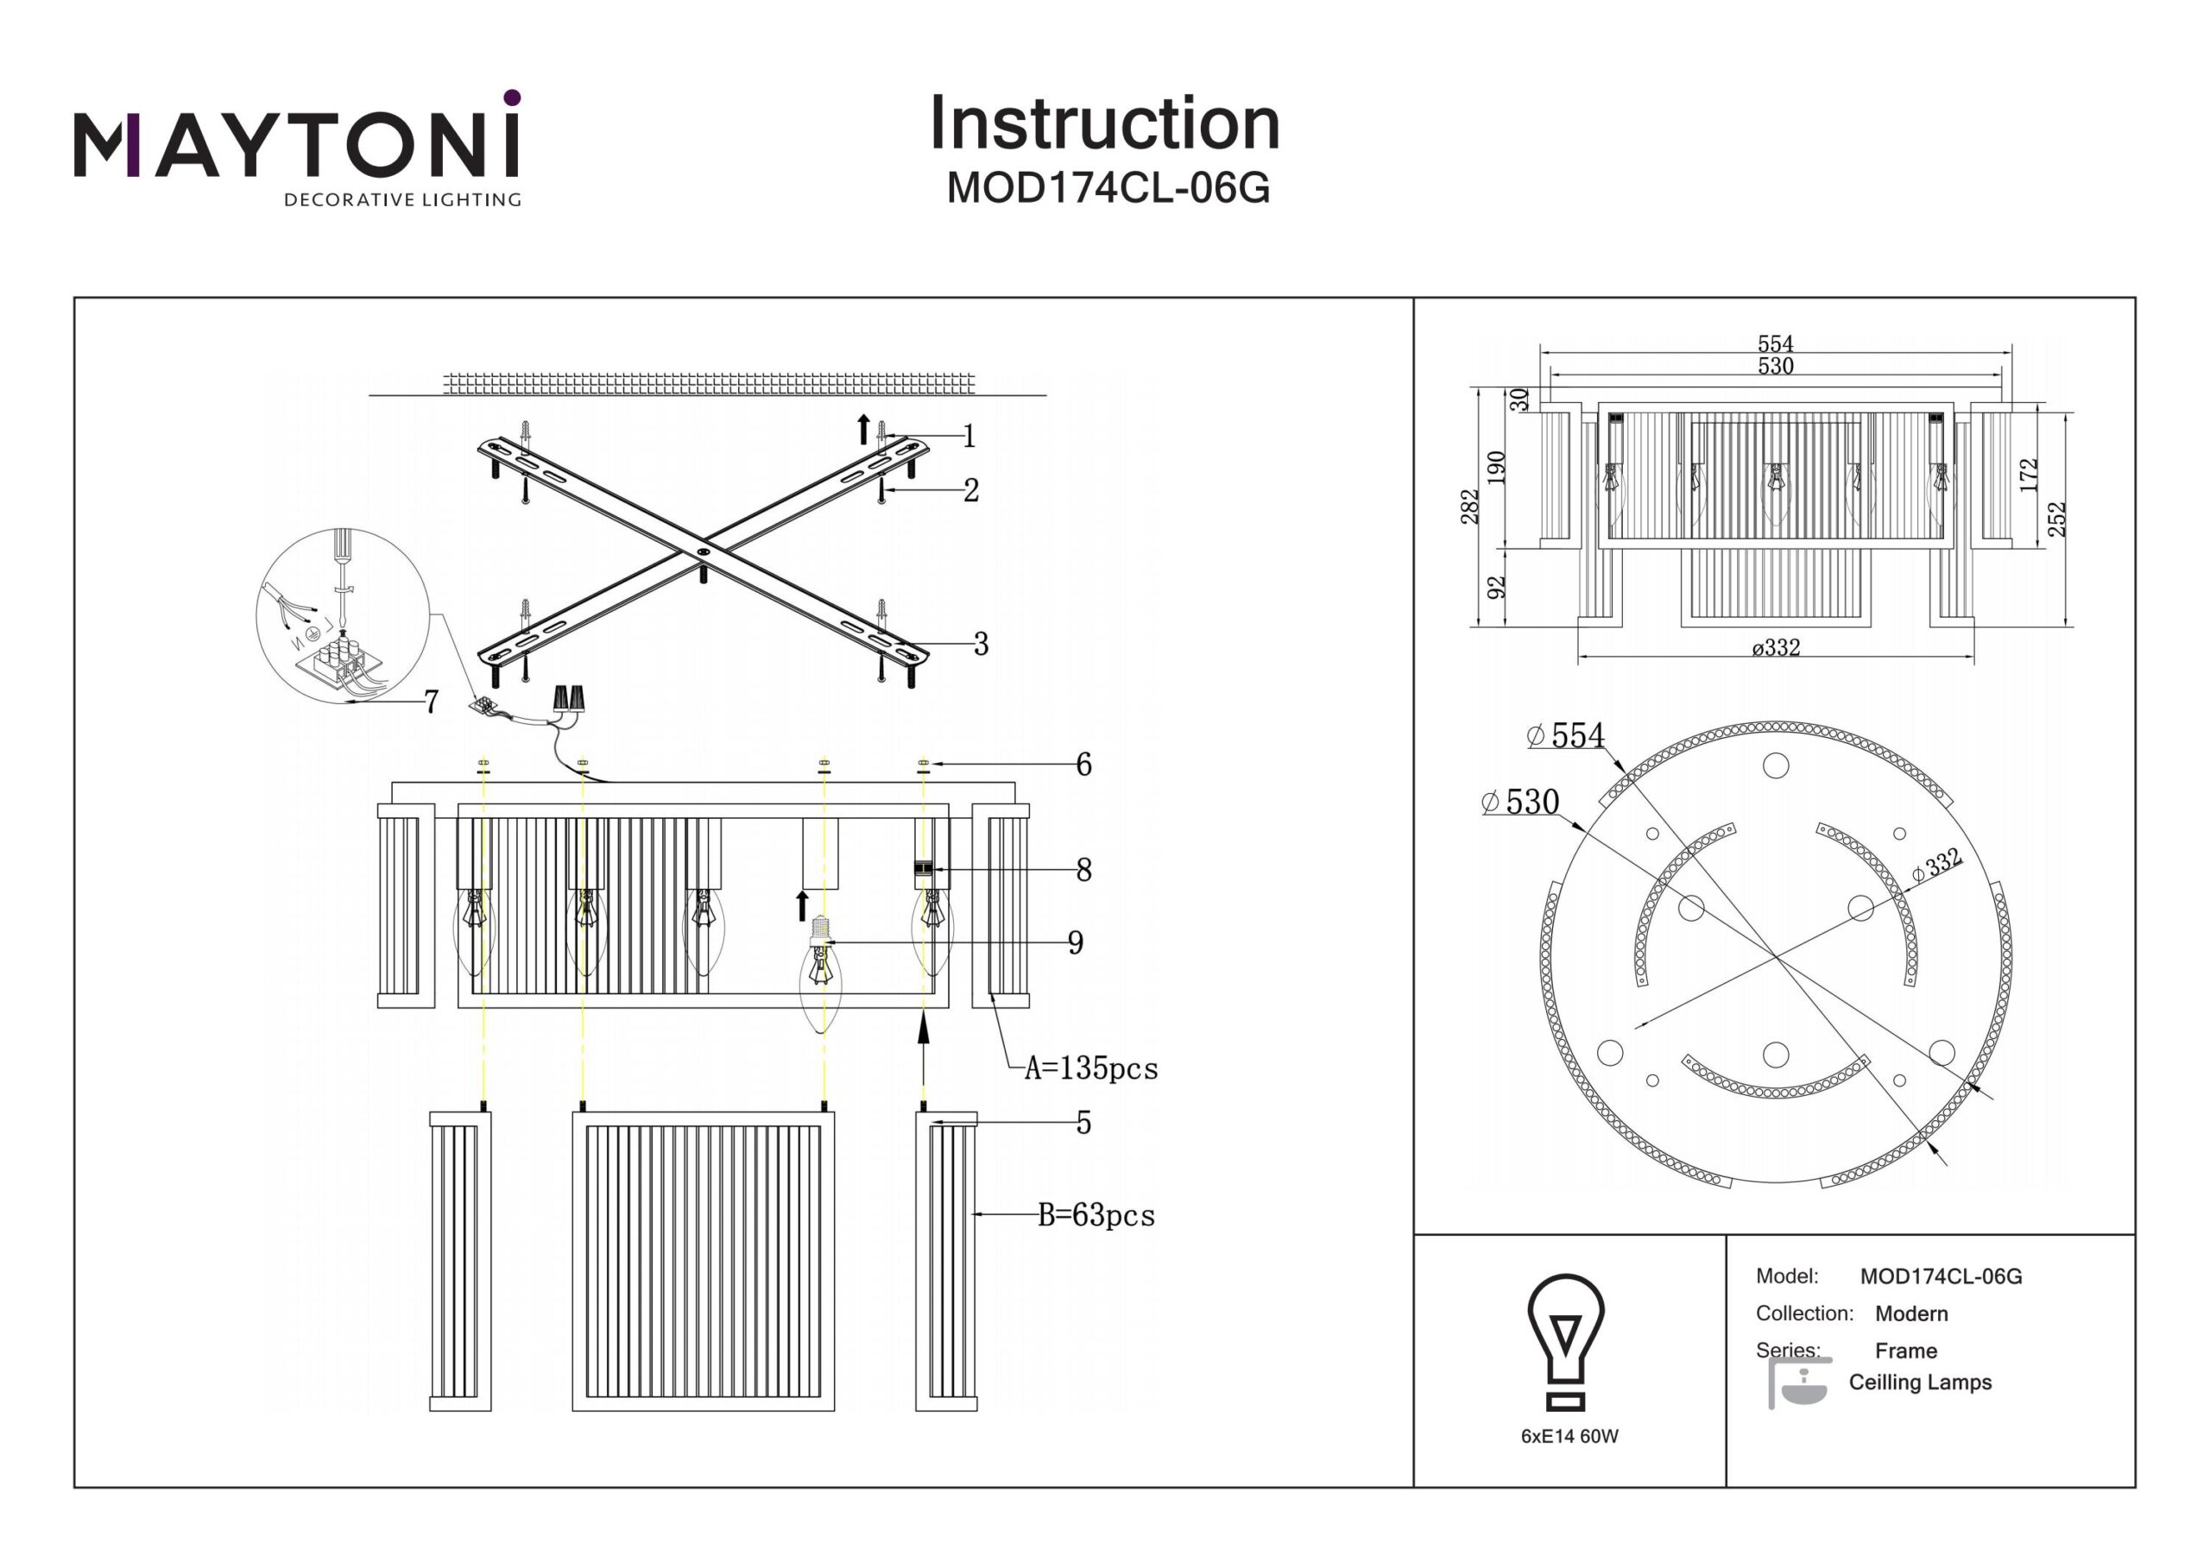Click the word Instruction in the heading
1104,124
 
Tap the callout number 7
432,702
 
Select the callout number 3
980,644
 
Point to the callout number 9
1075,942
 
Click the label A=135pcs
1090,1068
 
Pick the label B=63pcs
1096,1216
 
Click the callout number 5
1083,1122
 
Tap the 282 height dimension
1468,507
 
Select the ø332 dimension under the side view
1776,648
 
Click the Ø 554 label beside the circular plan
1566,736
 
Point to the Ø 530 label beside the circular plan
1521,802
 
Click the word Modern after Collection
1910,1313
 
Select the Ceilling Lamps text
1919,1382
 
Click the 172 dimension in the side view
2028,475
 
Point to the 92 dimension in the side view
1496,587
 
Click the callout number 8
1083,870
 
